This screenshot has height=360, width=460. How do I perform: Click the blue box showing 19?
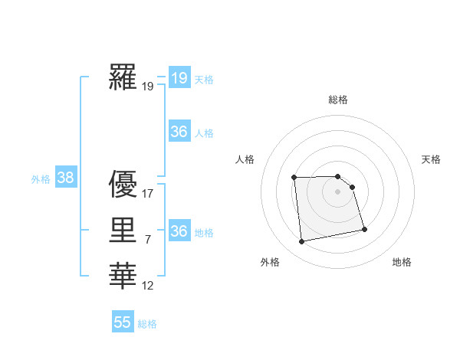[x=179, y=77]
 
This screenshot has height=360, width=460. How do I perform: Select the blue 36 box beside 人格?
[x=179, y=132]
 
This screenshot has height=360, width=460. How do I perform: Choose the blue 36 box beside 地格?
[x=179, y=231]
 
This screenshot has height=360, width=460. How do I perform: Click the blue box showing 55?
[x=123, y=322]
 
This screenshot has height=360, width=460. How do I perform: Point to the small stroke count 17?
[x=148, y=194]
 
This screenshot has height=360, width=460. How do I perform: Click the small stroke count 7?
[x=148, y=241]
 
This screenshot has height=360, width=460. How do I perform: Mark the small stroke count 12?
[x=148, y=286]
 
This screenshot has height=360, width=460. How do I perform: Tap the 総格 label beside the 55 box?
[x=147, y=324]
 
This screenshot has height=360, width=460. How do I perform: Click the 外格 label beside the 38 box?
[x=41, y=179]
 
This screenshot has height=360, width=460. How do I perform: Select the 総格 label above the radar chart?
[x=338, y=100]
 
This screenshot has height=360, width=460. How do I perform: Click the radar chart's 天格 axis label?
[x=431, y=159]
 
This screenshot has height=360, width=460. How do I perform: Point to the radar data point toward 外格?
[x=302, y=242]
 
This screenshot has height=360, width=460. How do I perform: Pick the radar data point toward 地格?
[x=364, y=229]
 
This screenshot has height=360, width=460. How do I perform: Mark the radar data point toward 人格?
[x=294, y=178]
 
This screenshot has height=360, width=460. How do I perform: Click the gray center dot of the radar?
[x=338, y=191]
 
